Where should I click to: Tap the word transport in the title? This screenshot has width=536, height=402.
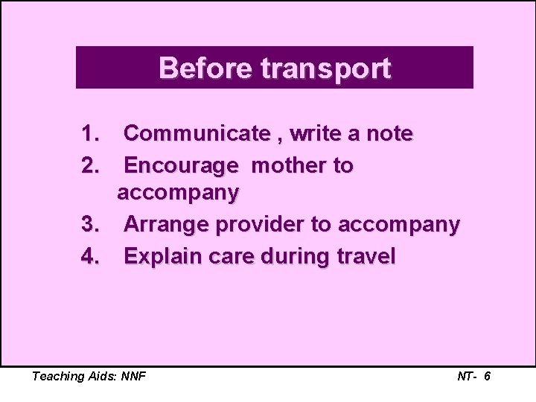click(x=325, y=68)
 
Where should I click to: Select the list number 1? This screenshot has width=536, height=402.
click(x=90, y=134)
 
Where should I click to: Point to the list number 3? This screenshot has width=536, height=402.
click(x=90, y=225)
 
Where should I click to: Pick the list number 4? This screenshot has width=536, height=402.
click(x=90, y=257)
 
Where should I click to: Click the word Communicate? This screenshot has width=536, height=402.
click(x=197, y=134)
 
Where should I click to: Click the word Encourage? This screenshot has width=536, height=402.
click(x=181, y=165)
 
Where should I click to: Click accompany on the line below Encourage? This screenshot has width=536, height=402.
click(x=179, y=194)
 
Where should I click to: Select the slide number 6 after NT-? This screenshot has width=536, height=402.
click(x=487, y=377)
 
